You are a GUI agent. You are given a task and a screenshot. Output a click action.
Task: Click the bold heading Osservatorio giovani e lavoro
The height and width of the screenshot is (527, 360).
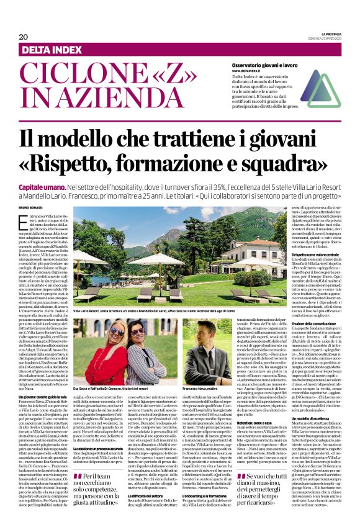tap(268, 65)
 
